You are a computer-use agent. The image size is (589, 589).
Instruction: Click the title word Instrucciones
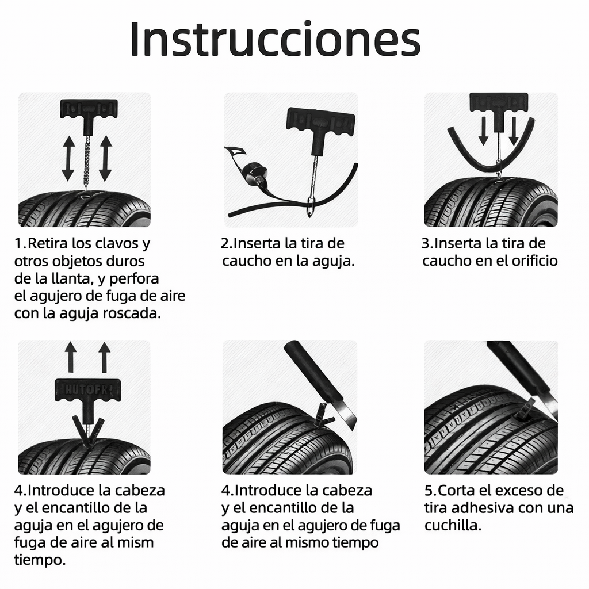pyautogui.click(x=275, y=40)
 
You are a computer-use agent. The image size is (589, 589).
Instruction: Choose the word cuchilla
pyautogui.click(x=452, y=526)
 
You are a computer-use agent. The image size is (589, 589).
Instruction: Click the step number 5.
pyautogui.click(x=429, y=491)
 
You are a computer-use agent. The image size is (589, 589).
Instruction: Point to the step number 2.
pyautogui.click(x=225, y=243)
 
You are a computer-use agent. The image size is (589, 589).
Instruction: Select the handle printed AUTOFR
pyautogui.click(x=87, y=391)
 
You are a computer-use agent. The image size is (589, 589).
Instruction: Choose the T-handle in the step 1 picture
pyautogui.click(x=89, y=109)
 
